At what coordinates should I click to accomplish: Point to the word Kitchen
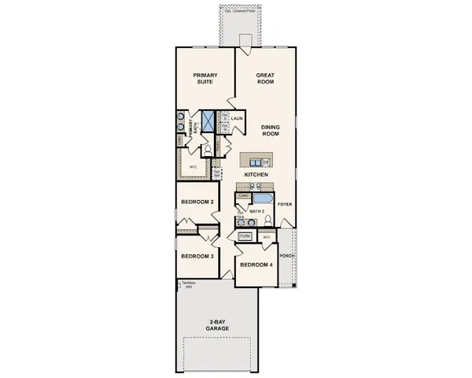(257, 174)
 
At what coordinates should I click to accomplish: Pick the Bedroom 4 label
(256, 265)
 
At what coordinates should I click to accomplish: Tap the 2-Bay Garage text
(220, 324)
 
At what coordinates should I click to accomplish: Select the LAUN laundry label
(236, 119)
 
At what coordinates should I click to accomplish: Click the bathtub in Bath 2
(264, 198)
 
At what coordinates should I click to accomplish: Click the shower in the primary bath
(208, 121)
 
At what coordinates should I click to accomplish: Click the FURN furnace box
(245, 235)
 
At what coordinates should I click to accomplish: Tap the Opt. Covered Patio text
(241, 9)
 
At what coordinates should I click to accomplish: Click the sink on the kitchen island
(265, 161)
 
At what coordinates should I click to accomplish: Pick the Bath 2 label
(256, 211)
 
